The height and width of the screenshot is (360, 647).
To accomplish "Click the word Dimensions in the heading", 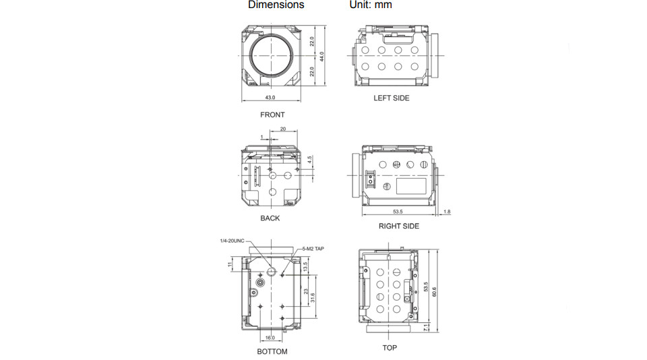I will coord(276,5).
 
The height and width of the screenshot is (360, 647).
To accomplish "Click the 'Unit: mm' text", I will coord(370,5).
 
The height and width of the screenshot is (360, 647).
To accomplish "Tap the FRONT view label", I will coord(272,115).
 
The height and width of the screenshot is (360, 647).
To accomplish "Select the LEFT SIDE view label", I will coord(392,98).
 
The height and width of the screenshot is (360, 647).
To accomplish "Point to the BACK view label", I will coord(270,218).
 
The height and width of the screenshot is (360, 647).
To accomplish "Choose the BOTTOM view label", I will coord(272,352).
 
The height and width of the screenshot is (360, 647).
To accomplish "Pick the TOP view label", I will coord(390,348).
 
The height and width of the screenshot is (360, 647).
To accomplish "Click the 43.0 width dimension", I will coord(270,98).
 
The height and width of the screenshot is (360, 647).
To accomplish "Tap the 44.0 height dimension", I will coord(322,56).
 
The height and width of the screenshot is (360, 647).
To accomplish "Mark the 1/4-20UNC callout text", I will coord(230,241).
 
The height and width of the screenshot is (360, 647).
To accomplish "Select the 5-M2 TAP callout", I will coord(313,249).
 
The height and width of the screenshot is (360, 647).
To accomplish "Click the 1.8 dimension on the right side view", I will coord(447,212).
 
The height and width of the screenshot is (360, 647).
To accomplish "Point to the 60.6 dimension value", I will coord(435,291).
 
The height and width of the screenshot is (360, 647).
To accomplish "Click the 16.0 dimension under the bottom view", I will coord(270,338).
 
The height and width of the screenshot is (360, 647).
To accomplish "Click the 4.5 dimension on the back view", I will coord(309,161).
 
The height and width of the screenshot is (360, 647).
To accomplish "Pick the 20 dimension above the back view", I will coord(282,128).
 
